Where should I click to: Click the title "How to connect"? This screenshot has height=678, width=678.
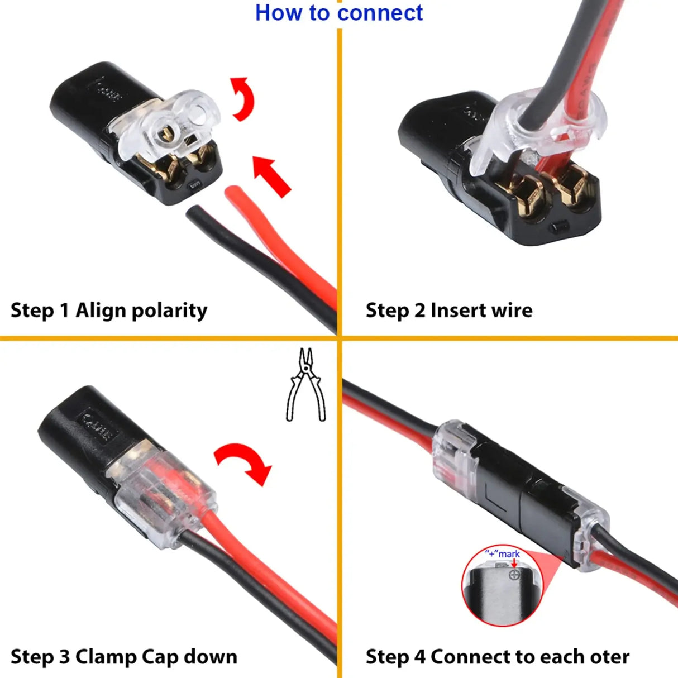(338, 13)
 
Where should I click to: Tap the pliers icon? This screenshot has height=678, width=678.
(305, 385)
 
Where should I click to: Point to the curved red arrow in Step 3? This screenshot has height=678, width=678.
(245, 461)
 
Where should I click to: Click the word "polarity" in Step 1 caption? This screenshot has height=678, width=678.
(169, 311)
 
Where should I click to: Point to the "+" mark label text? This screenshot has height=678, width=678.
(502, 554)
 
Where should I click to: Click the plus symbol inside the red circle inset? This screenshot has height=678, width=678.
(514, 574)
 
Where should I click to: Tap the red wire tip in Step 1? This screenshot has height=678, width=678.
(233, 193)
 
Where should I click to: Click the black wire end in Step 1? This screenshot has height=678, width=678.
(197, 213)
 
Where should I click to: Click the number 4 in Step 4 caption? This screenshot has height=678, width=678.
(419, 657)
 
